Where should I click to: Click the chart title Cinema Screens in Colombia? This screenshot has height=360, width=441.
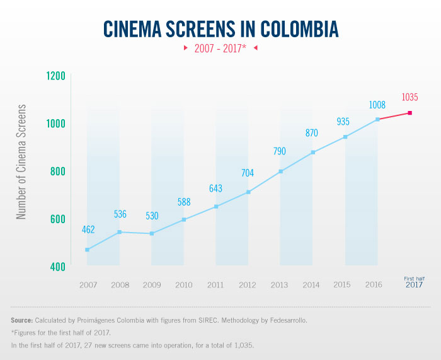coord(220,29)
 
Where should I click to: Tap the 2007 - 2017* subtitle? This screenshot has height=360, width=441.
coord(220,49)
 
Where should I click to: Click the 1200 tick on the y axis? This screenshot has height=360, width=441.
coord(56,76)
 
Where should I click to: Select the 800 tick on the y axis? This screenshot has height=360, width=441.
coord(57,171)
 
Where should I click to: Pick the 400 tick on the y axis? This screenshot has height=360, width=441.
coord(57,267)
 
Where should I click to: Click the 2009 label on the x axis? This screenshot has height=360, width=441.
coord(151,285)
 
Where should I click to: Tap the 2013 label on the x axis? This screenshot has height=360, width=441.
coord(280,285)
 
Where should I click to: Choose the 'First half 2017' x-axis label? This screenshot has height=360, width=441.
coord(413,282)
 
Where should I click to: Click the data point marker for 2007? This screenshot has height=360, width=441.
coord(87,250)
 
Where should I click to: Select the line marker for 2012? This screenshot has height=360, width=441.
coord(248,192)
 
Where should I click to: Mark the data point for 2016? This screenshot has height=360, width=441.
coord(377,119)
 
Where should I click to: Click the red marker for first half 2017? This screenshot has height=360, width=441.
coord(410,113)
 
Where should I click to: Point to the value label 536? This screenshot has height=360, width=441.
coord(120,214)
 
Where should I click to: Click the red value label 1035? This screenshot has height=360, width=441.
coord(409,97)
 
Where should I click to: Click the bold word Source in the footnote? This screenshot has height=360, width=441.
coord(22,320)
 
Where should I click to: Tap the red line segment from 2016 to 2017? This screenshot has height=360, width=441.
coord(394,116)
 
